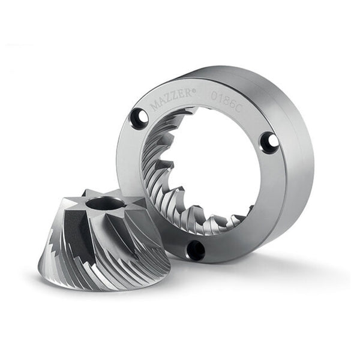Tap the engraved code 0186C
coord(225,103)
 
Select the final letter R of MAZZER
coord(188,93)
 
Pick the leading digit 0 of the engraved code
coord(214,97)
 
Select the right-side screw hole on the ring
coord(270,142)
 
